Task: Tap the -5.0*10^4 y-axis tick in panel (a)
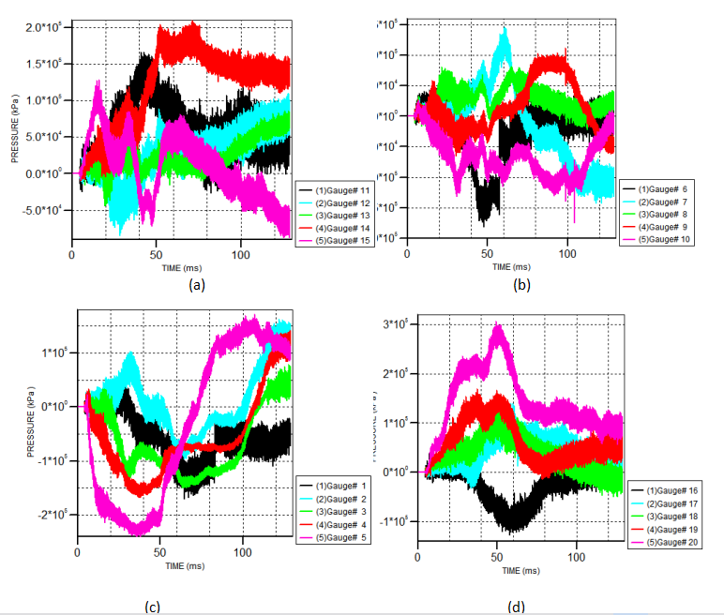tap(42, 209)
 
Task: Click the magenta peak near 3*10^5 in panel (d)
tap(498, 327)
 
